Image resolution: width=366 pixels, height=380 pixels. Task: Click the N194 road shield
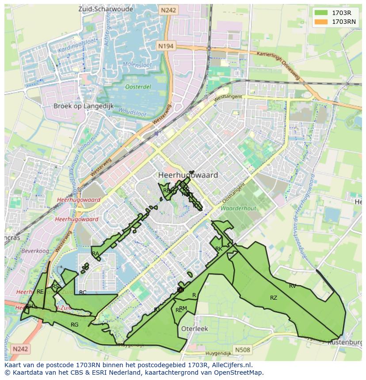click(x=166, y=45)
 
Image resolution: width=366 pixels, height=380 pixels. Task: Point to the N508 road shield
click(x=242, y=350)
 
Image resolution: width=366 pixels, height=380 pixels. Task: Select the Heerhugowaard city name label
click(x=188, y=175)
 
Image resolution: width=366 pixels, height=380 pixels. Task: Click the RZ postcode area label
click(x=274, y=298)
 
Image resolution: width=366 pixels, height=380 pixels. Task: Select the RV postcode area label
click(x=293, y=286)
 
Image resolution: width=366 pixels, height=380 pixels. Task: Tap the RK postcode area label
click(x=218, y=249)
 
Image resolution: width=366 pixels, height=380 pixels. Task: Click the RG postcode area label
click(x=74, y=325)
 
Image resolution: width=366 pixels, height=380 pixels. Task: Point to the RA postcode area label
click(x=95, y=254)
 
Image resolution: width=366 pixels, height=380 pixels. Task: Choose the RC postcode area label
click(x=83, y=292)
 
